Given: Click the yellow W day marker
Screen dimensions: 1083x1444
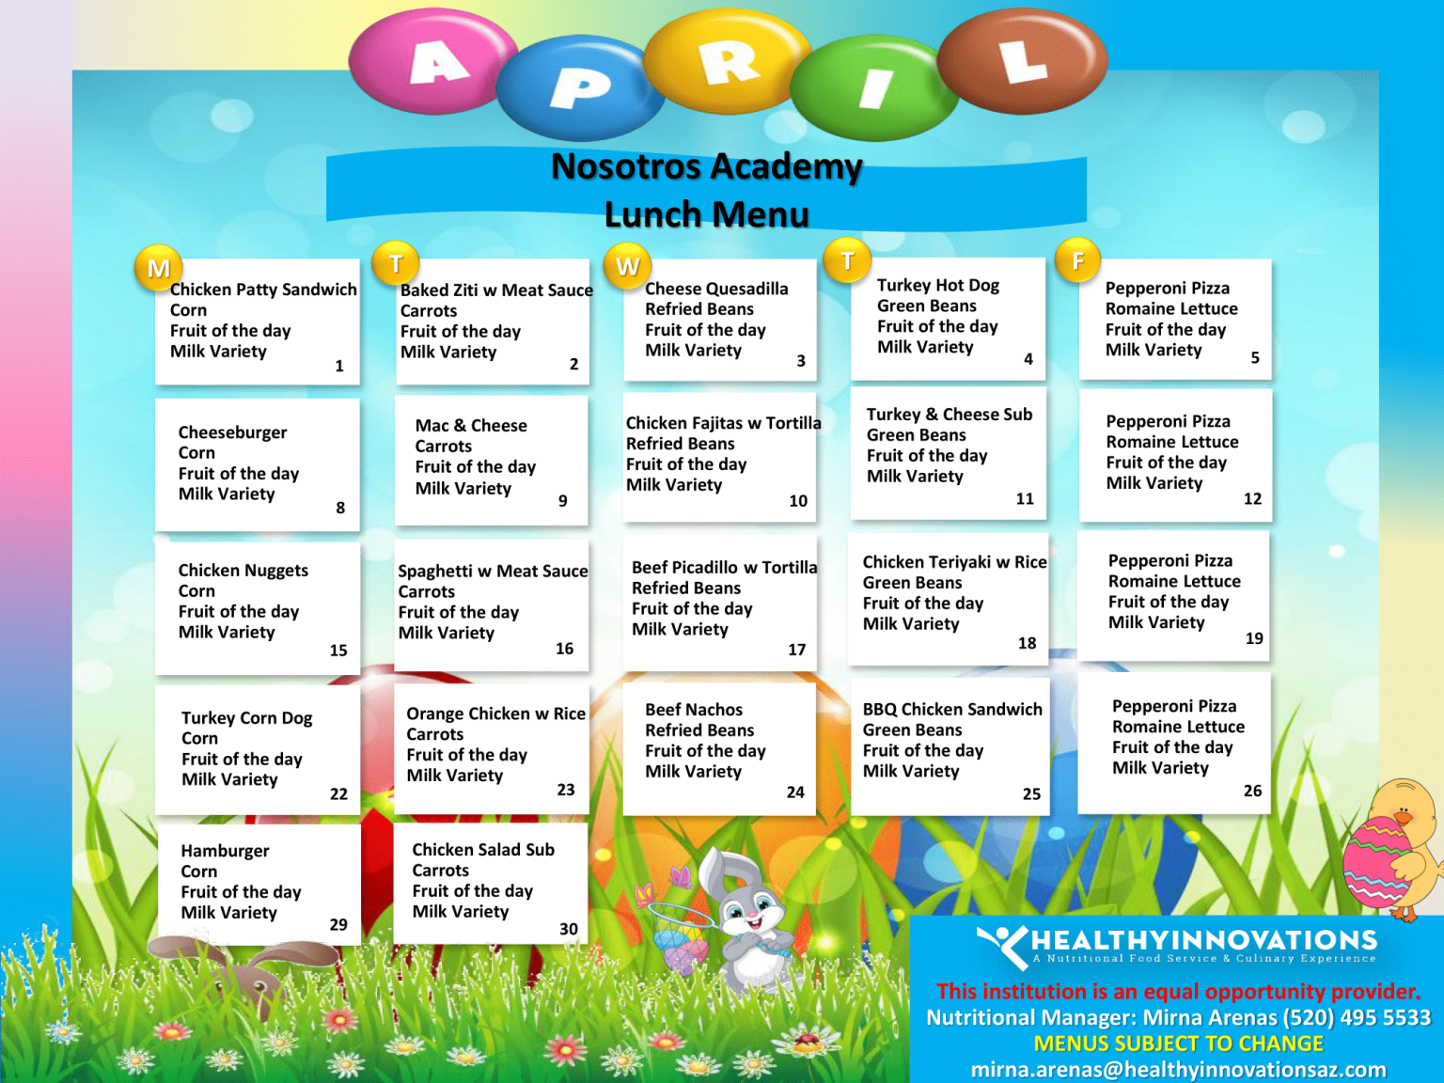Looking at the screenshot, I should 627,266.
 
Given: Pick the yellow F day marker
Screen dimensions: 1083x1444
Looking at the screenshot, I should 1078,260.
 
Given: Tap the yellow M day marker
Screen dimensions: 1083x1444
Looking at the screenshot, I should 158,268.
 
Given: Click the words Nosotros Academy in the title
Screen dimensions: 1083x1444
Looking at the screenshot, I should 706,166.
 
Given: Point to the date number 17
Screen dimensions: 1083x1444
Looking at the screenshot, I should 796,650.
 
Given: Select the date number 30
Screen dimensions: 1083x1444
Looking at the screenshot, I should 569,929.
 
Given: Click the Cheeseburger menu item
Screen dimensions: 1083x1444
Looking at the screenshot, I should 232,432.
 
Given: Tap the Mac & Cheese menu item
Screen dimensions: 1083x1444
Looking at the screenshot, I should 471,426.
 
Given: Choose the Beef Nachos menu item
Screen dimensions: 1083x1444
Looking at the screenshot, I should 694,710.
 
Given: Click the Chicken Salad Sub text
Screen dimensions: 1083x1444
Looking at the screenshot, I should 483,850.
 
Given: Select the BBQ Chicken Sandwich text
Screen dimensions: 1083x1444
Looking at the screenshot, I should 952,710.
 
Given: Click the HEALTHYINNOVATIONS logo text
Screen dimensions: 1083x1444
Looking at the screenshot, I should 1203,940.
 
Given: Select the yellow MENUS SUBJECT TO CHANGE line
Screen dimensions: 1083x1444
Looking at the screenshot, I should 1178,1044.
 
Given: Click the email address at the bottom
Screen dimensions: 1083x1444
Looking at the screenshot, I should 1178,1070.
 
